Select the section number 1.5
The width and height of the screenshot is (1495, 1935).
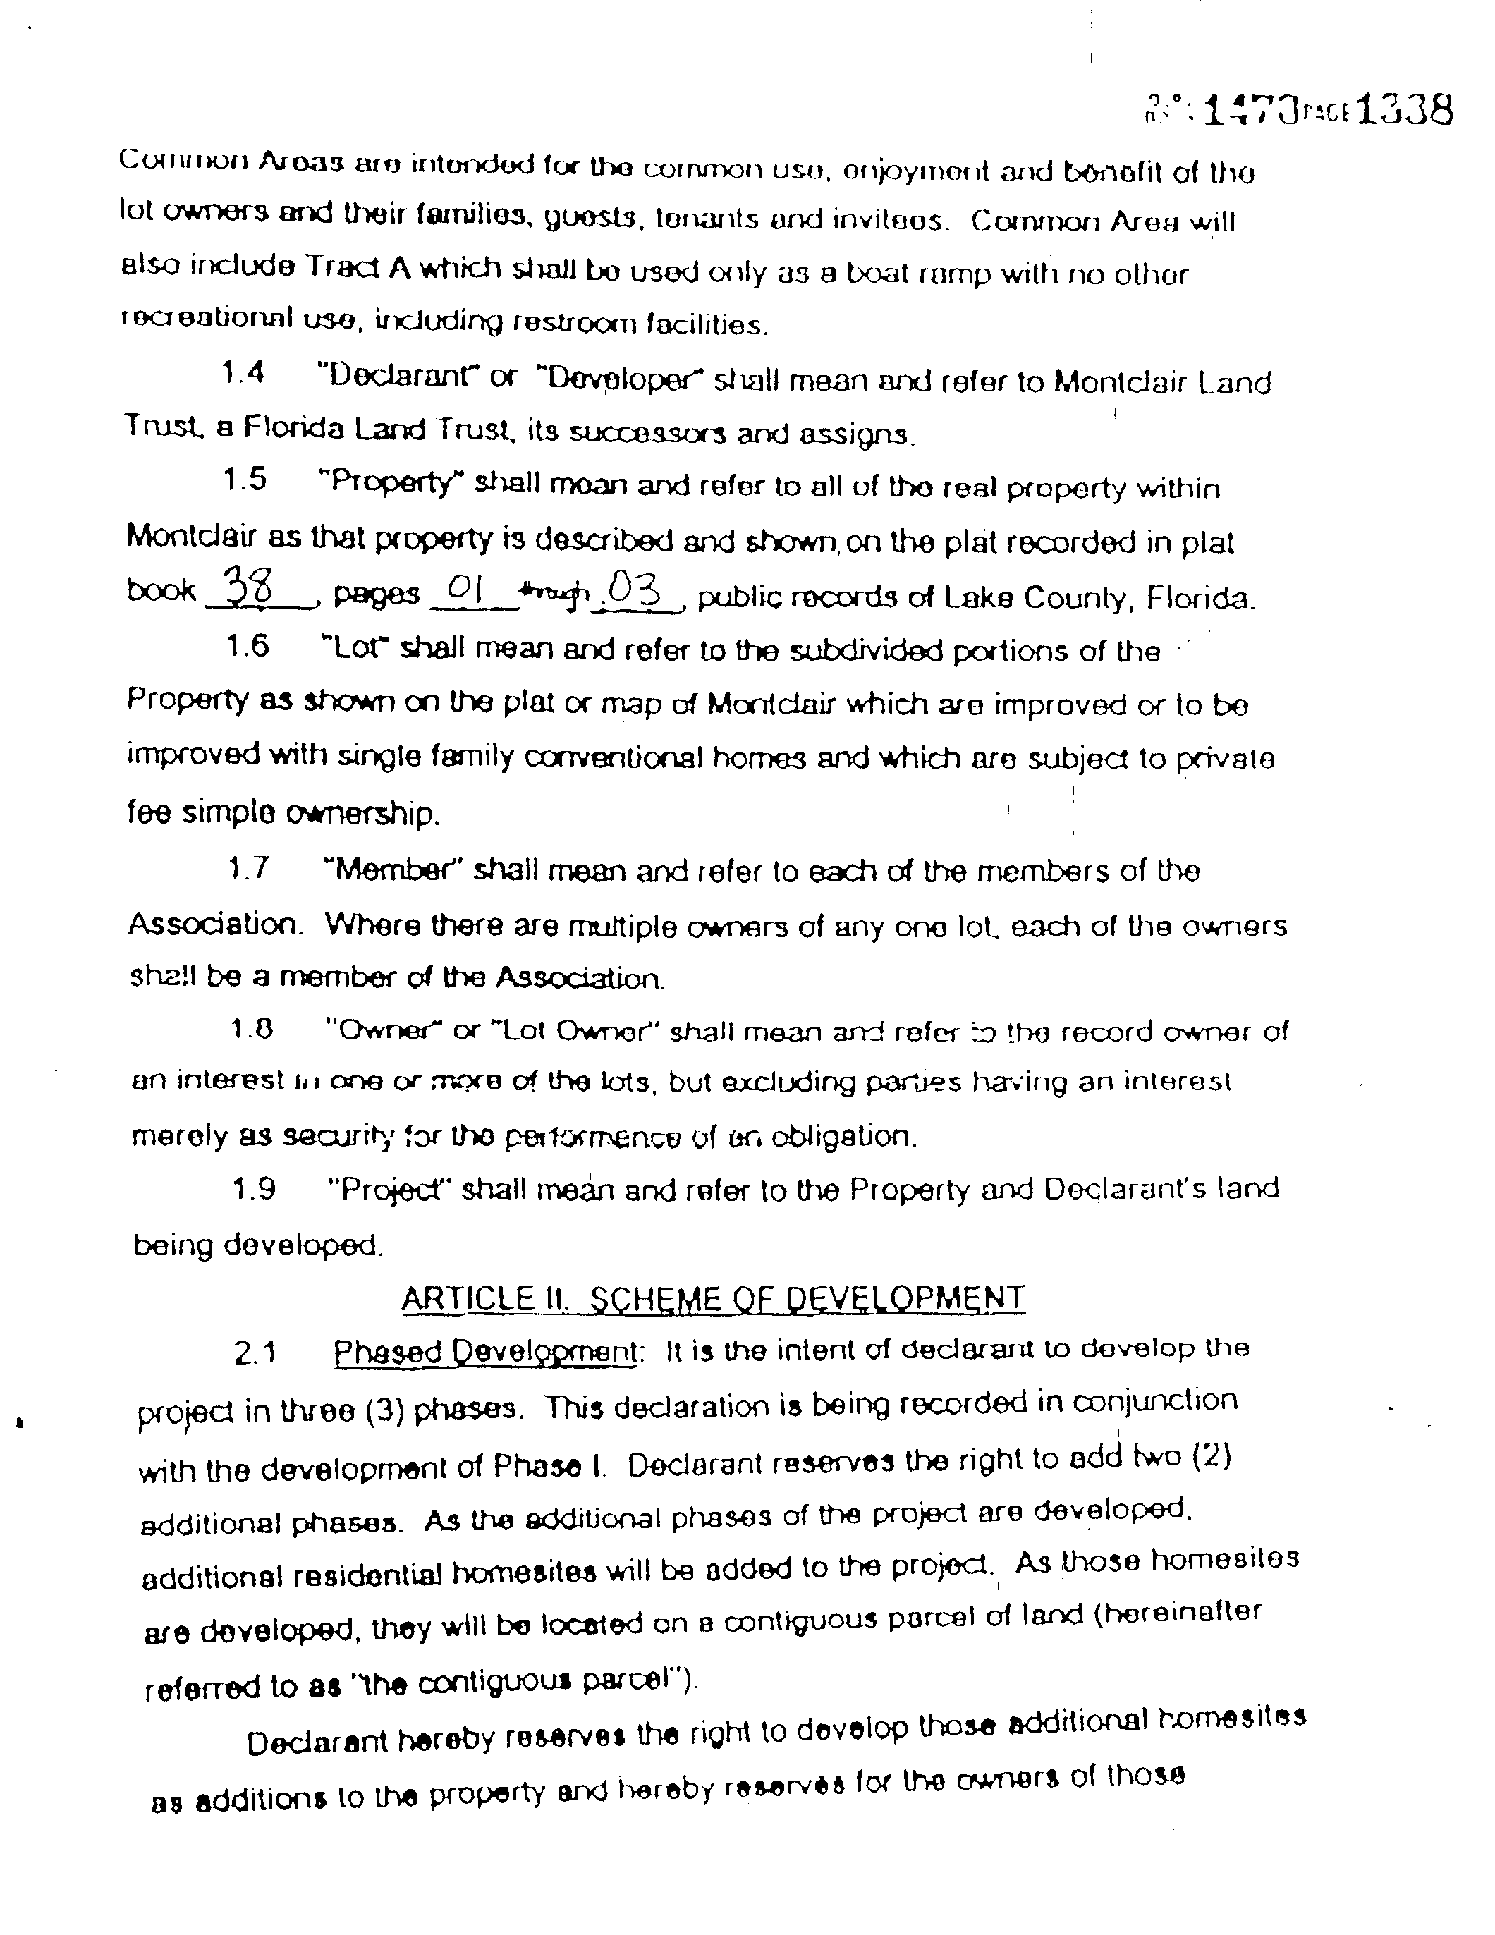[x=245, y=480]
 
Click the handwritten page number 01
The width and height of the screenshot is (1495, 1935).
[x=463, y=587]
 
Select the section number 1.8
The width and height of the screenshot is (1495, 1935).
[x=252, y=1029]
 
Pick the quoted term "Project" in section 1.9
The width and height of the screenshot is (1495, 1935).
[x=391, y=1189]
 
